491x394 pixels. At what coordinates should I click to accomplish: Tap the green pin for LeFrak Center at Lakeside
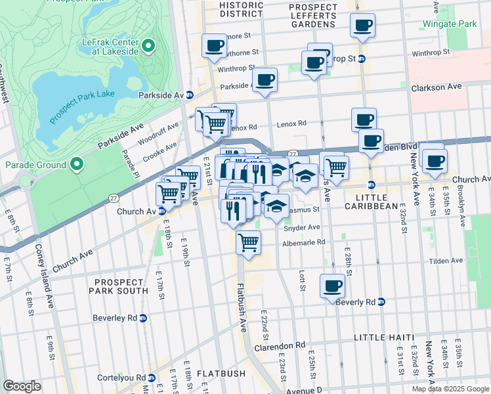(x=148, y=46)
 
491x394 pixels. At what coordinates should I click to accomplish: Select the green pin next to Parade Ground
(x=77, y=164)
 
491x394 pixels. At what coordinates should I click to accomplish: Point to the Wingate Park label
(x=458, y=24)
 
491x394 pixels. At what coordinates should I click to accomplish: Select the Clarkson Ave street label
(x=436, y=87)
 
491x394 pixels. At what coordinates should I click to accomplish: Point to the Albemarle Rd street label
(x=303, y=242)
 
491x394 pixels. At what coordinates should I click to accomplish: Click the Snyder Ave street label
(x=301, y=228)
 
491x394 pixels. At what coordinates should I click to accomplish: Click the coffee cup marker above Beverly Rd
(x=332, y=286)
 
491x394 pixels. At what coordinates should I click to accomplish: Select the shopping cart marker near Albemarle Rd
(x=249, y=242)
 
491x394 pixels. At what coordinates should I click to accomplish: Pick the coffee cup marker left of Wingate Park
(x=363, y=26)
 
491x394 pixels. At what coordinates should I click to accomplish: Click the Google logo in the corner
(x=22, y=385)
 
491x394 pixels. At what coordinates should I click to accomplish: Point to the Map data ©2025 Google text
(x=450, y=389)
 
